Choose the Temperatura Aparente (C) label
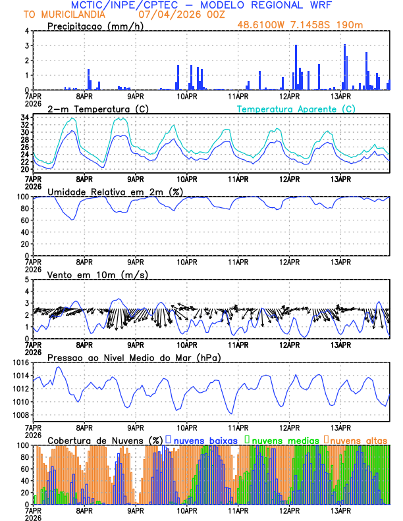click(x=296, y=109)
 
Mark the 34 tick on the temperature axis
click(x=24, y=118)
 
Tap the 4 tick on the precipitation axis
click(x=26, y=31)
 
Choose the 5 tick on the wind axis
click(x=26, y=280)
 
